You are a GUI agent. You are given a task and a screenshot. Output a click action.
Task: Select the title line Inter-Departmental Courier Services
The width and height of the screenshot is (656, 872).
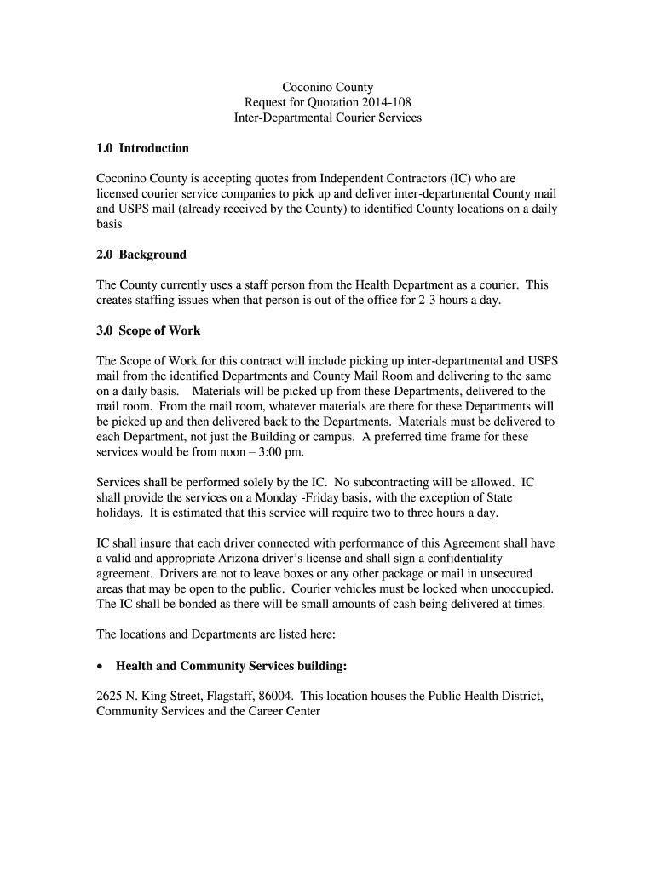coord(328,118)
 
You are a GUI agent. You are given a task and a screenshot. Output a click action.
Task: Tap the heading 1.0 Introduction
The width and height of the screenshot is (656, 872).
coord(142,148)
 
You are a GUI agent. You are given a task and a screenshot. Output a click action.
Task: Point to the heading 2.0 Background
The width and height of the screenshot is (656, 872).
coord(141,255)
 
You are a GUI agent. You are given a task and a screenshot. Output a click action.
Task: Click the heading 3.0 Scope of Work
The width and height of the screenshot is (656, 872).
coord(148,330)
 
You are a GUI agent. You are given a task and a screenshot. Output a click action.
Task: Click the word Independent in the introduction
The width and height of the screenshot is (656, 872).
coord(355,179)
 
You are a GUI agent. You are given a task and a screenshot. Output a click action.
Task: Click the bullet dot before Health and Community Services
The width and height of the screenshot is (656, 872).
coord(102,666)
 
